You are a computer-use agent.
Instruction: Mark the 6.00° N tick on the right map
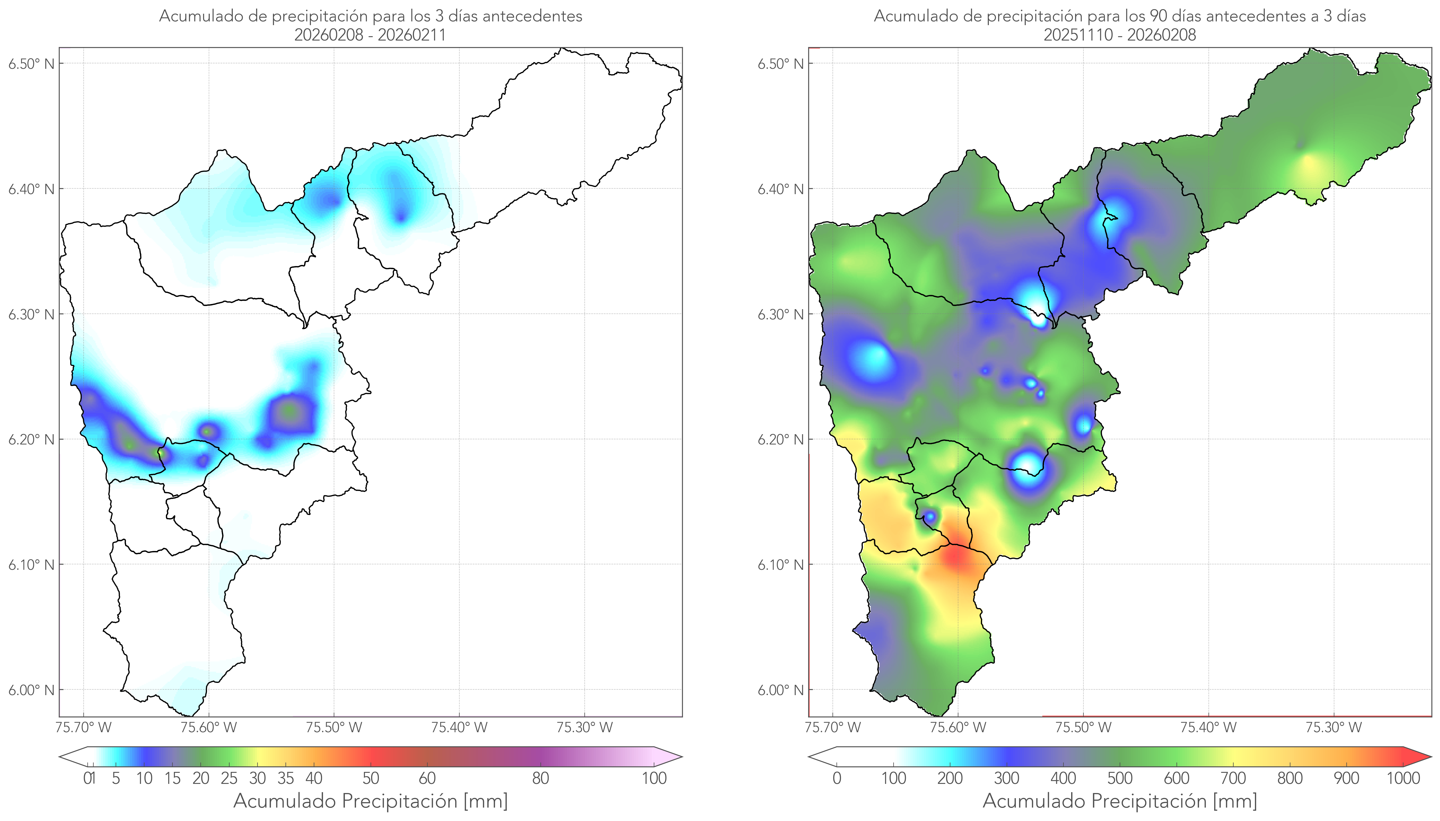(x=781, y=690)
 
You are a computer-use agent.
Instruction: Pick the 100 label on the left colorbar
(x=654, y=778)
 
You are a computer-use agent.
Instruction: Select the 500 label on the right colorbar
(x=1120, y=778)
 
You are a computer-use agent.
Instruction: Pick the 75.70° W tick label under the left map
(x=84, y=727)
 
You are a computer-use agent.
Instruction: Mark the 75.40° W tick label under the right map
(x=1208, y=727)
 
